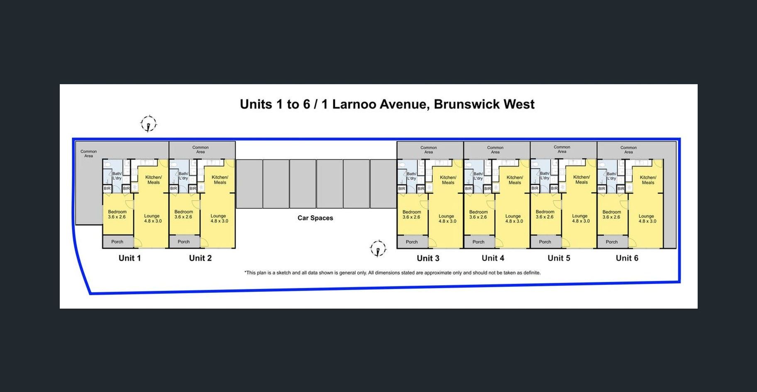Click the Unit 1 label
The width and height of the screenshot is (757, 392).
(x=129, y=258)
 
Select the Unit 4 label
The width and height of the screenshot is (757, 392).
(x=493, y=258)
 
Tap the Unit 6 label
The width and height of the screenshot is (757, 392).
(x=627, y=258)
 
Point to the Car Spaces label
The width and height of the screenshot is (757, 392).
(x=315, y=218)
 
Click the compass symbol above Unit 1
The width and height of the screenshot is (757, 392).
(x=148, y=124)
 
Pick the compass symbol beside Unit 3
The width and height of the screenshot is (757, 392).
(x=378, y=248)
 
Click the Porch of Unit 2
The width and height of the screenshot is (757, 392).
(x=183, y=242)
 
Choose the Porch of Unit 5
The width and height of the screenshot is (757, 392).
(x=545, y=242)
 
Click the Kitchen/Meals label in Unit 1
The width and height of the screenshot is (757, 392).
(x=154, y=180)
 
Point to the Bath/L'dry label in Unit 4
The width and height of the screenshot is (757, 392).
(x=478, y=176)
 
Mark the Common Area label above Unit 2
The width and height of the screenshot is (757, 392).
(x=200, y=149)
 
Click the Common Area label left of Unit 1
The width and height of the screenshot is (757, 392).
(x=88, y=154)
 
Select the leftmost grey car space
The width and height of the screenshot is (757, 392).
(x=249, y=184)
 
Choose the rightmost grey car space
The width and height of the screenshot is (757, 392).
(x=383, y=184)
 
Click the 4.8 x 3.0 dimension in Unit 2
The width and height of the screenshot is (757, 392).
(x=219, y=221)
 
